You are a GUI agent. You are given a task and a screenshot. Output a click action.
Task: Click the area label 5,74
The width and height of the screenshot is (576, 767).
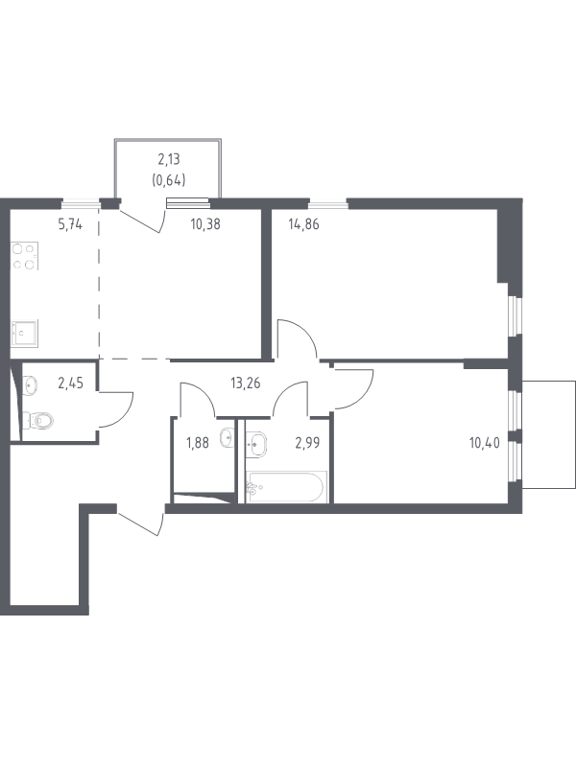(x=70, y=224)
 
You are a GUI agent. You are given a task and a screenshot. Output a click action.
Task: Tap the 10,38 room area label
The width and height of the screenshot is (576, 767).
(x=205, y=224)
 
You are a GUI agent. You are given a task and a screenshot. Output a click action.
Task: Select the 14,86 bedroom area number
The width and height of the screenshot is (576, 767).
(x=303, y=224)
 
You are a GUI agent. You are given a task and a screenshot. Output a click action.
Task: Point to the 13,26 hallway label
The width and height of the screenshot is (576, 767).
(x=246, y=383)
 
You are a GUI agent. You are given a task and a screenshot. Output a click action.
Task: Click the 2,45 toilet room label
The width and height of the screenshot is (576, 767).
(x=70, y=383)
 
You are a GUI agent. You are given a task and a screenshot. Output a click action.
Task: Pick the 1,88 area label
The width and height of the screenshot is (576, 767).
(x=198, y=443)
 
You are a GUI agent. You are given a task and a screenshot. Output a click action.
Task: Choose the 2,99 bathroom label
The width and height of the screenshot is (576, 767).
(x=307, y=443)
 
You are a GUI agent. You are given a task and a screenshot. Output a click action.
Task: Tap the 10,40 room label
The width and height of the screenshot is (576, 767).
(x=485, y=443)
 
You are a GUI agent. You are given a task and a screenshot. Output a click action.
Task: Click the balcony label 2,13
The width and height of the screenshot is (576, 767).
(x=169, y=159)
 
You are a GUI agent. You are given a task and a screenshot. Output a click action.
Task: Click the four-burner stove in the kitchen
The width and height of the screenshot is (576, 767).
(x=24, y=256)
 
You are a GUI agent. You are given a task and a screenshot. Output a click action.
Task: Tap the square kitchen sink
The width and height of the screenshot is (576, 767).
(x=24, y=333)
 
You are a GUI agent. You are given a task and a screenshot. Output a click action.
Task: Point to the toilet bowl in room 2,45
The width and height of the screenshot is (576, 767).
(x=38, y=420)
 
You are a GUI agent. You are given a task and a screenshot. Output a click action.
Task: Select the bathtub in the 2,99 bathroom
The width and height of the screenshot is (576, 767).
(x=286, y=487)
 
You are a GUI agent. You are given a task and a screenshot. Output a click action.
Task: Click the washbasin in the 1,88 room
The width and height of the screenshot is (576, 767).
(x=227, y=438)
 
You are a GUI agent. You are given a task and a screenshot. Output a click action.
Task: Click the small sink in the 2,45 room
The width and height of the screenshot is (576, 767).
(x=30, y=385)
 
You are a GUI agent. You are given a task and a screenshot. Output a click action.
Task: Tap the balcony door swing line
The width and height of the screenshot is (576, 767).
(x=140, y=221)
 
